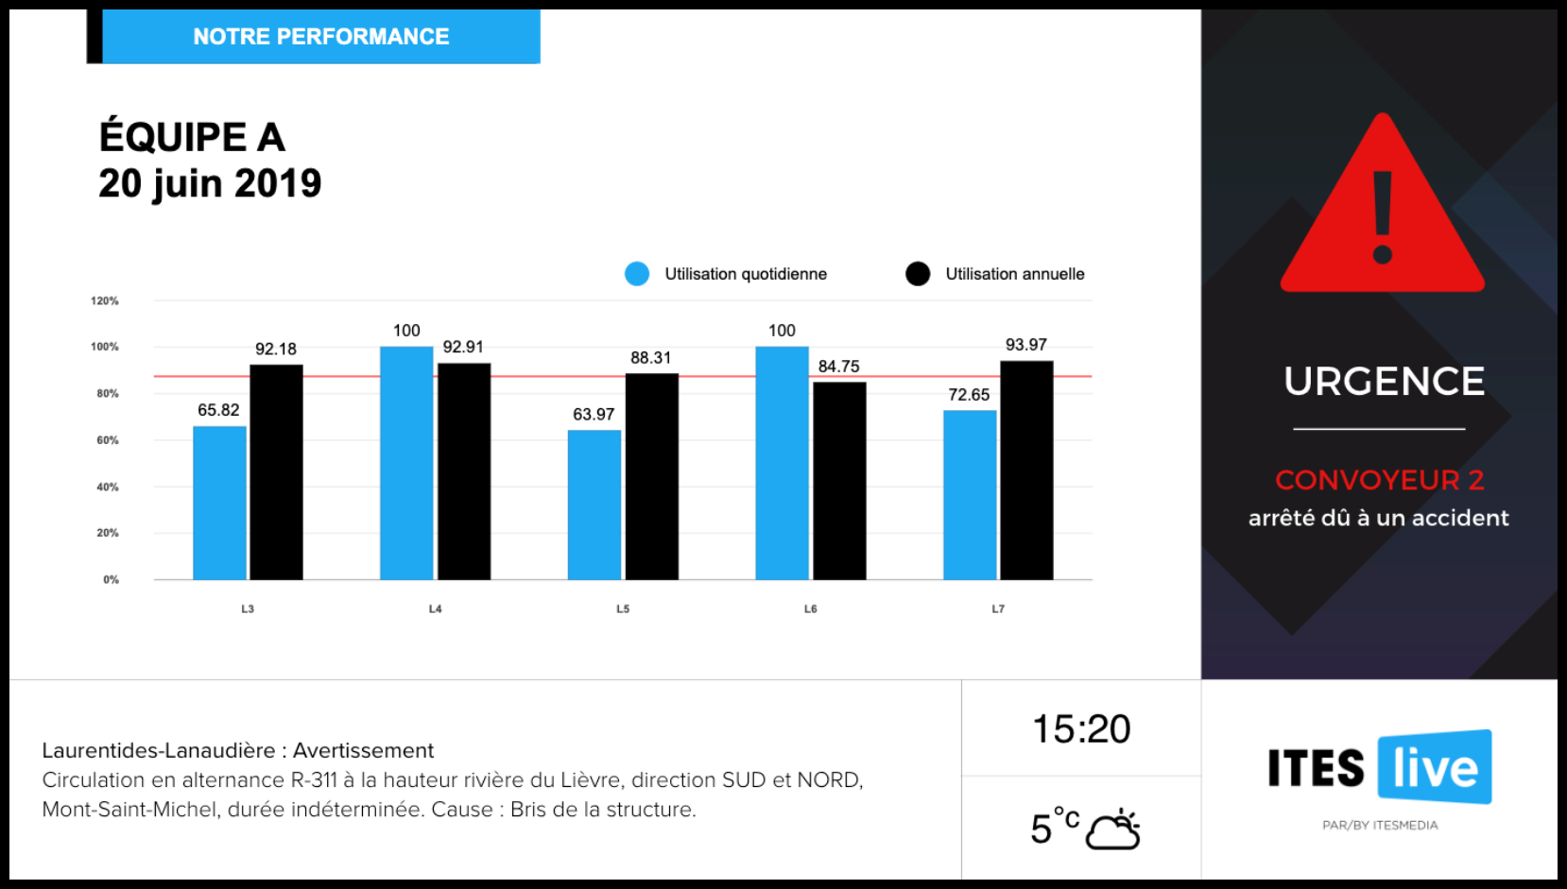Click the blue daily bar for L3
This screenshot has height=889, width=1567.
coord(219,503)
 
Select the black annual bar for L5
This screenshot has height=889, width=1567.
coord(651,476)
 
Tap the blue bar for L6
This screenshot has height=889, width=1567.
coord(782,463)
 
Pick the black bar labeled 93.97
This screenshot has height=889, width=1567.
coord(1026,470)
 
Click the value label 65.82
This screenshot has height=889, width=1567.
coord(218,410)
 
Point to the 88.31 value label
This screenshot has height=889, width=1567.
coord(650,358)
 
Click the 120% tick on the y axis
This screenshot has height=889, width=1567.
coord(105,300)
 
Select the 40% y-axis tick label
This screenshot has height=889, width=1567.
coord(107,487)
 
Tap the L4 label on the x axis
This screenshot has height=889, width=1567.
coord(435,608)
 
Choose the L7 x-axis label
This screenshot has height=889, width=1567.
coord(998,608)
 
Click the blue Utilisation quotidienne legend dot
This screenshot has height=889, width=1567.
coord(637,274)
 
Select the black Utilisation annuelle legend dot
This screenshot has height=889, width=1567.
coord(918,274)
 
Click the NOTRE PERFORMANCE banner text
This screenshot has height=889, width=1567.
coord(321,37)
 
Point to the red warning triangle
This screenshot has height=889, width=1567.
coord(1382,213)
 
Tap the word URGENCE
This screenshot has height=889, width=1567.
coord(1384,382)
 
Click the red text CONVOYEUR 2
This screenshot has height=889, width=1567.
coord(1379,480)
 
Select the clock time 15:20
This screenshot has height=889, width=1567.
coord(1081,729)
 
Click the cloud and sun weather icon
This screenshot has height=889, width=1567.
coord(1113,829)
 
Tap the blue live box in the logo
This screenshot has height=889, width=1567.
coord(1435,767)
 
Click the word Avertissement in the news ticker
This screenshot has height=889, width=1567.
coord(363,750)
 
